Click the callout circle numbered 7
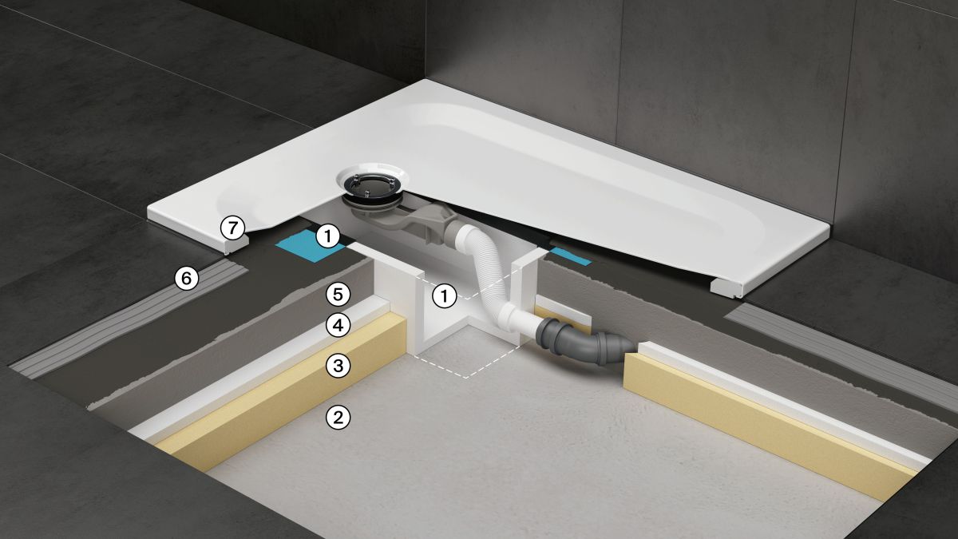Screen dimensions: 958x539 [232, 228]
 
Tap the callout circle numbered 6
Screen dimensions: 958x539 [187, 279]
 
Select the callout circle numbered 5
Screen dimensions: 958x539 [338, 295]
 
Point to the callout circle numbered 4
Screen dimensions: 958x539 [338, 326]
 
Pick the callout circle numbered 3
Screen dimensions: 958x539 [338, 367]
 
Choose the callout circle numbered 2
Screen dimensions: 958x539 [338, 417]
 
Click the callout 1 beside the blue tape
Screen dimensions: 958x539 [328, 236]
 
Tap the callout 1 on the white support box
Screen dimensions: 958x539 [445, 295]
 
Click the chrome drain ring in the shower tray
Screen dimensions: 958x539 [370, 185]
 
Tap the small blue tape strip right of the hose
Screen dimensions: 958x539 [571, 256]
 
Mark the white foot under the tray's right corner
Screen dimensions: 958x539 [727, 287]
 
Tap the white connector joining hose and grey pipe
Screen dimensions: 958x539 [521, 318]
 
